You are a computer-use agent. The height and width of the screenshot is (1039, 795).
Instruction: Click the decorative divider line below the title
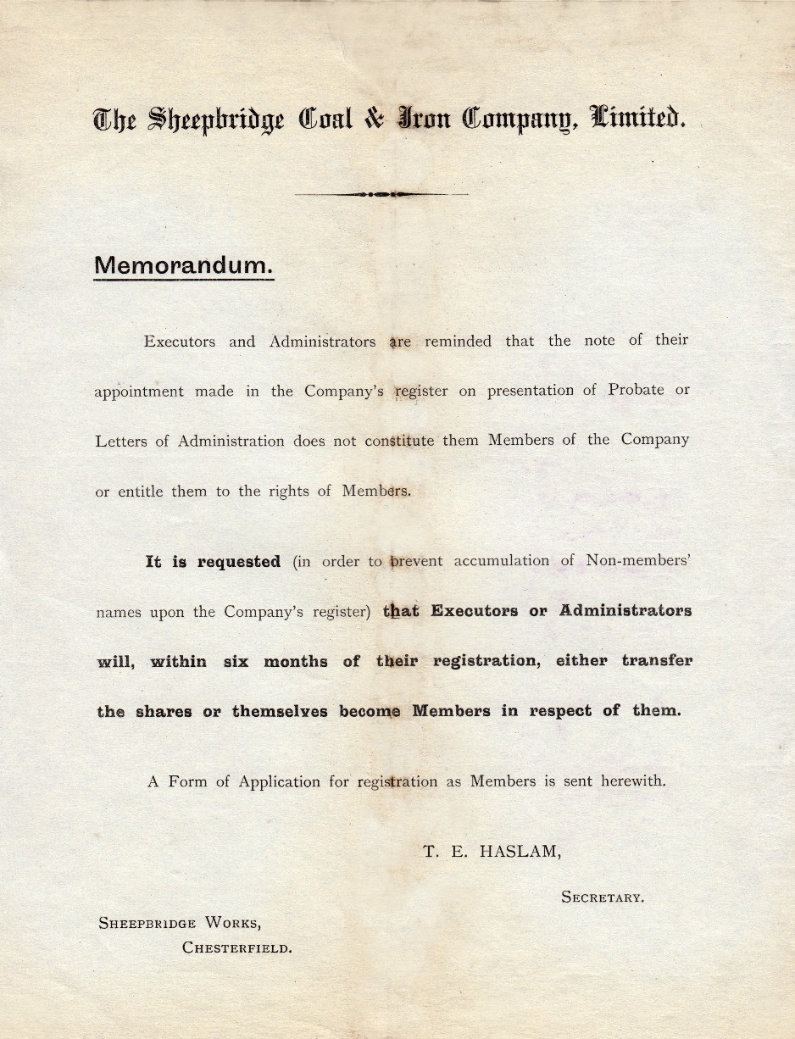click(x=381, y=194)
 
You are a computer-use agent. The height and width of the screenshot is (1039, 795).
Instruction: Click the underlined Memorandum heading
click(x=184, y=264)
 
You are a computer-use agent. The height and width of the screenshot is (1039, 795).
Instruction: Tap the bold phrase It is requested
click(x=213, y=562)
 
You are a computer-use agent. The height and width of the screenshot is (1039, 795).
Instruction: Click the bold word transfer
click(x=657, y=661)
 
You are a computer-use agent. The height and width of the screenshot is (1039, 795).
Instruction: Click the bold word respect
click(x=560, y=711)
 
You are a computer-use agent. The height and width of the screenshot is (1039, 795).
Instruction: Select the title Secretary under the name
click(x=602, y=897)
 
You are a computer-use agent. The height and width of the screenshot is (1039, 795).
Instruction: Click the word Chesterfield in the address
click(x=237, y=948)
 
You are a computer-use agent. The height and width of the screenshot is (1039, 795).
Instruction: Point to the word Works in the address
click(x=231, y=923)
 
